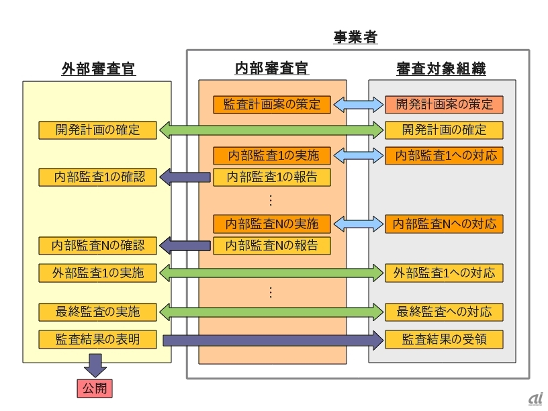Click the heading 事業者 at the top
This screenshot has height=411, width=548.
(355, 37)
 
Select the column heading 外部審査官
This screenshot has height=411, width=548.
(98, 68)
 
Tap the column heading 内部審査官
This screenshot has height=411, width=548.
(272, 68)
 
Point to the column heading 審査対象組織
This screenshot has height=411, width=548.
(441, 68)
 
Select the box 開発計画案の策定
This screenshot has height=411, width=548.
(444, 105)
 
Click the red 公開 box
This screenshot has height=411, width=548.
(94, 387)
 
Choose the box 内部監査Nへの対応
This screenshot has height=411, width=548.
(444, 224)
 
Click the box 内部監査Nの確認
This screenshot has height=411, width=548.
(98, 246)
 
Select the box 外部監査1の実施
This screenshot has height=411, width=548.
(98, 273)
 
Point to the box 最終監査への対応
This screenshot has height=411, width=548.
(444, 312)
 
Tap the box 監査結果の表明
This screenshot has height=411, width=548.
(98, 339)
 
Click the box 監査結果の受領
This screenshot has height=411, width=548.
(444, 339)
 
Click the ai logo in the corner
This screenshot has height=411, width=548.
(535, 398)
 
